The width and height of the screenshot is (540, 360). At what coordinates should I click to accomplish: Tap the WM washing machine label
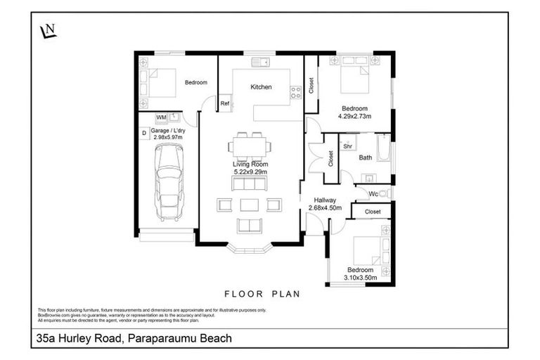[x=161, y=117]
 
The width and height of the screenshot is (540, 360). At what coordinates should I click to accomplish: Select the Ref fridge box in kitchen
[x=225, y=104]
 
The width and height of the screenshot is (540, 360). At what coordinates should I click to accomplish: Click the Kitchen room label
[x=262, y=87]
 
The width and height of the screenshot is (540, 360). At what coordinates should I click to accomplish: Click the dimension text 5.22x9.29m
[x=251, y=171]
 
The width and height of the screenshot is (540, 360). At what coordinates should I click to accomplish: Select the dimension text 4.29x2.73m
[x=355, y=117]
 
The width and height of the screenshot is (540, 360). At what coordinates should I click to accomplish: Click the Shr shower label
[x=347, y=146]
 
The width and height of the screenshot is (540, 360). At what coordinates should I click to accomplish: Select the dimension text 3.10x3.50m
[x=362, y=278]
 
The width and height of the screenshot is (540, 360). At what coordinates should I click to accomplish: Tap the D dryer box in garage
[x=144, y=131]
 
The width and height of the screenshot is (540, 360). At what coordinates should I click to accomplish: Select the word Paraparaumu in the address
[x=161, y=339]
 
